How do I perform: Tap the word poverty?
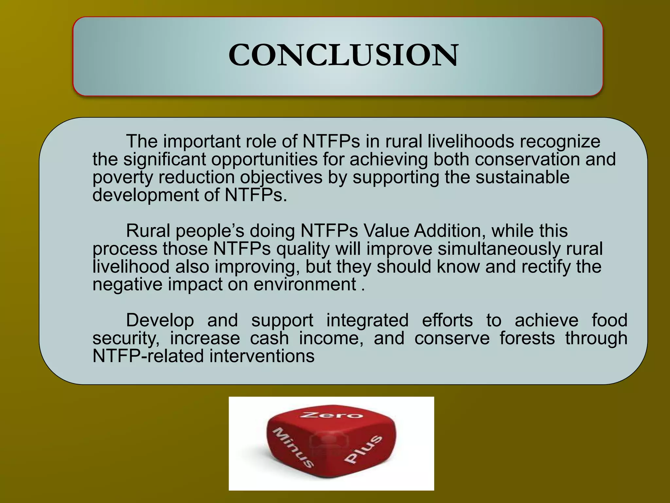point(122,177)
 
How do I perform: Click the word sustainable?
point(522,177)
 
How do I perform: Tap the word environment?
point(305,284)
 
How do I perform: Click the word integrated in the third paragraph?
point(367,320)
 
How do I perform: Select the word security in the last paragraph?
point(126,338)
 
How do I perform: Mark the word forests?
point(527,338)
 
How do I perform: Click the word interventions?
point(262,356)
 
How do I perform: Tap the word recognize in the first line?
point(560,141)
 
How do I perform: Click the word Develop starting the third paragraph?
point(160,320)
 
